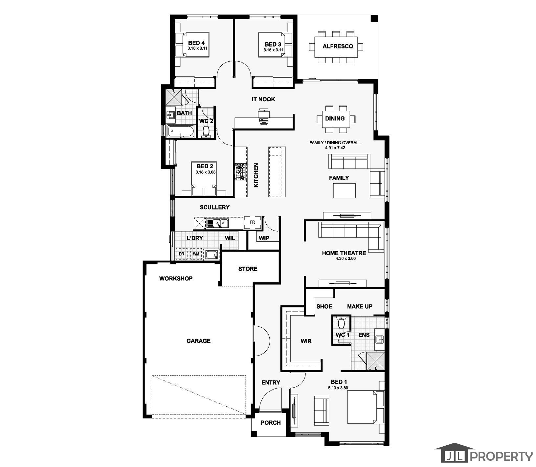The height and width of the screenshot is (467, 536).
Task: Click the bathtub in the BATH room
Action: click(180, 132)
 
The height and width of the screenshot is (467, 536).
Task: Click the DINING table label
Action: click(335, 118)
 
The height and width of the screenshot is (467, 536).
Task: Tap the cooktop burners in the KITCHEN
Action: click(240, 172)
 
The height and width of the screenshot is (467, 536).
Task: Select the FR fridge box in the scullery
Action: click(252, 222)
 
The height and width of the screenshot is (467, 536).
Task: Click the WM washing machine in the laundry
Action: click(196, 254)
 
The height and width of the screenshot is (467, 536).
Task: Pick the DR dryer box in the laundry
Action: click(181, 254)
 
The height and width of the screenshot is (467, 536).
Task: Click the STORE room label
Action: click(248, 269)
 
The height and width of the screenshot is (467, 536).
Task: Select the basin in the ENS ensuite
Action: click(379, 339)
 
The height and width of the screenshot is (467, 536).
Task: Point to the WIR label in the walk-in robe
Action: click(306, 341)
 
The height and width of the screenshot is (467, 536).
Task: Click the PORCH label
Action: click(271, 423)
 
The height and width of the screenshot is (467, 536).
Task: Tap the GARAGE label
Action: click(198, 341)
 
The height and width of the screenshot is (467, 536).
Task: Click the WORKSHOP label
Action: click(176, 278)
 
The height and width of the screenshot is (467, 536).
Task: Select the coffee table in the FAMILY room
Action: click(344, 191)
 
